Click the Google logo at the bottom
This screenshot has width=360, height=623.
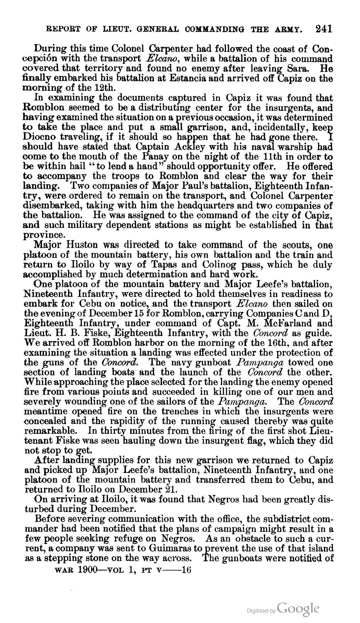coord(299,609)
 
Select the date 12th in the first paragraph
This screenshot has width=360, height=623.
coord(101,88)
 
